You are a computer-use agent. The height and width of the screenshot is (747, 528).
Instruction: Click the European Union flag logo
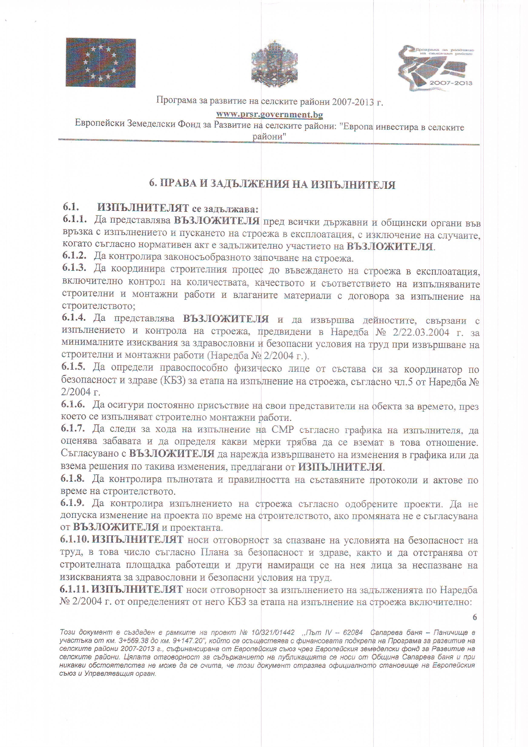point(100,62)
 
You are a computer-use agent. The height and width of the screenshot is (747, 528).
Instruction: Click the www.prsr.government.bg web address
point(270,115)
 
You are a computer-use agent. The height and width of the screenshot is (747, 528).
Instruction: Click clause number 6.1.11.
point(74,589)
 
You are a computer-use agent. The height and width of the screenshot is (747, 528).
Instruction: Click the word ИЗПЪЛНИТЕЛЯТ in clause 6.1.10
point(138,539)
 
